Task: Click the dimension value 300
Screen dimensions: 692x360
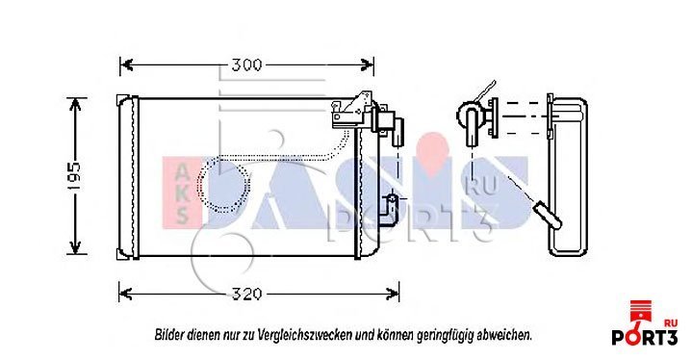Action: (x=246, y=64)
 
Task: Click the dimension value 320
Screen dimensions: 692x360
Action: (x=247, y=294)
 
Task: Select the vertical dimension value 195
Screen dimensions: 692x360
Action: (x=75, y=176)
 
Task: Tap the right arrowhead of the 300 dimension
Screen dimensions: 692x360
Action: (x=368, y=64)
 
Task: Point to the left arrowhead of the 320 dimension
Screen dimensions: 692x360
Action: (x=126, y=294)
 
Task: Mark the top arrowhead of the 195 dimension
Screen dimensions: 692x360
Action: (x=75, y=105)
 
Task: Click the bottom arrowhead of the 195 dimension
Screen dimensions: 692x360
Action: (x=75, y=247)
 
